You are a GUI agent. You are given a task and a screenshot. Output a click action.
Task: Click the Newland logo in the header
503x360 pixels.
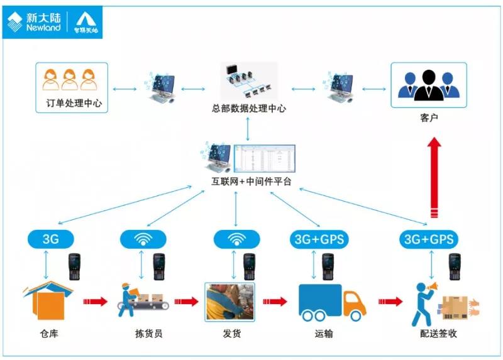35,21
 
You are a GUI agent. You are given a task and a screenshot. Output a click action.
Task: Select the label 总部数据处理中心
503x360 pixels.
249,108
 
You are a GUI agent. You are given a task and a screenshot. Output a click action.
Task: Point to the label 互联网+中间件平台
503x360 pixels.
251,183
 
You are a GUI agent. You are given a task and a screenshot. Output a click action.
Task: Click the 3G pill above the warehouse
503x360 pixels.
51,239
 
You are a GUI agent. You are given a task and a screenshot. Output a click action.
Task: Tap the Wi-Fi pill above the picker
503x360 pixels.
143,239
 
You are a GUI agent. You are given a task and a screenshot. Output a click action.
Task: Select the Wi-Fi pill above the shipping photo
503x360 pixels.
236,239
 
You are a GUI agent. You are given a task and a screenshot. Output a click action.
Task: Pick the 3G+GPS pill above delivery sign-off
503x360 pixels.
429,239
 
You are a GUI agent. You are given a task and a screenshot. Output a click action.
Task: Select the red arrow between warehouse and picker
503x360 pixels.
95,302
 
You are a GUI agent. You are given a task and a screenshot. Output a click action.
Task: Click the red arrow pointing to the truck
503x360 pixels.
274,302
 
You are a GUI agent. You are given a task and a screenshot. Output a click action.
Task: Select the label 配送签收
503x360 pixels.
438,334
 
